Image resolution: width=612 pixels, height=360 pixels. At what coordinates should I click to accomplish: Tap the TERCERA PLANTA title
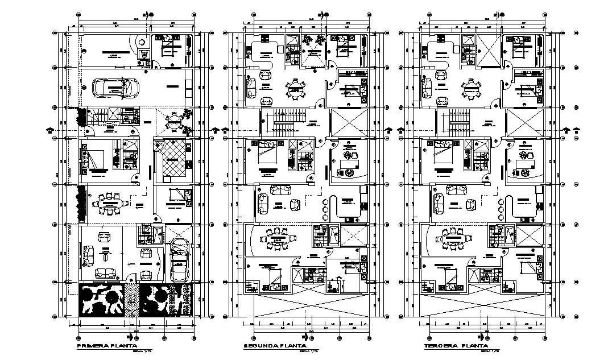(x=456, y=346)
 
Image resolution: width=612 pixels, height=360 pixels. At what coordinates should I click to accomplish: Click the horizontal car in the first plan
(x=117, y=88)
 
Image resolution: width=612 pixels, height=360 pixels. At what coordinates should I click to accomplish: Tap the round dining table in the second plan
(x=294, y=88)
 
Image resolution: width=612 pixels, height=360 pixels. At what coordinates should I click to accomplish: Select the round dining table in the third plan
(x=470, y=88)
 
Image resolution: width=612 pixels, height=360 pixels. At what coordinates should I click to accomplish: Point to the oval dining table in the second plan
(x=278, y=237)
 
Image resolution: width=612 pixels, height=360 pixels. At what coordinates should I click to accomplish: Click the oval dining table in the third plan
(x=453, y=237)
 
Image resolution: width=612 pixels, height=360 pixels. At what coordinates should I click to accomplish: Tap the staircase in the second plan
(x=283, y=121)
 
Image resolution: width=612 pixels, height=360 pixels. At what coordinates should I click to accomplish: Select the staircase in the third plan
(x=458, y=121)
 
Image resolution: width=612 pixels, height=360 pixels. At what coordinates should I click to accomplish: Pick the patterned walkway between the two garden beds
(x=133, y=300)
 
